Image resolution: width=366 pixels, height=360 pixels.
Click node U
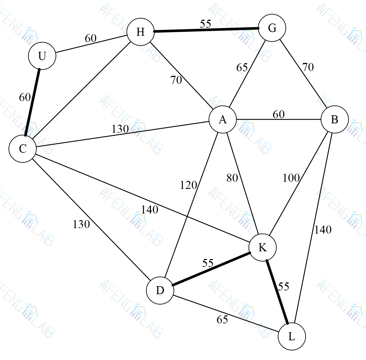42,56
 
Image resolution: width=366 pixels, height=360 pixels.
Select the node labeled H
140,32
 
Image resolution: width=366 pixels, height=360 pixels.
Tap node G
272,28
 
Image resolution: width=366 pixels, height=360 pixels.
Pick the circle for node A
223,119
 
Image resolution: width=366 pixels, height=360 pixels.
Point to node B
335,119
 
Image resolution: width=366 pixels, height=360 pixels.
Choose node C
23,149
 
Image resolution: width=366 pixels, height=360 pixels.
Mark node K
262,247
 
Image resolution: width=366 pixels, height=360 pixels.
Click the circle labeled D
160,290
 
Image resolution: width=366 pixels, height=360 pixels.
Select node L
292,336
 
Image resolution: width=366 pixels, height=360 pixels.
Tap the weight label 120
188,185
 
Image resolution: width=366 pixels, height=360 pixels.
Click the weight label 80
232,178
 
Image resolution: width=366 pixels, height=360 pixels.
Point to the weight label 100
291,178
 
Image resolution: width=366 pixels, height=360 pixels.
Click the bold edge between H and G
206,30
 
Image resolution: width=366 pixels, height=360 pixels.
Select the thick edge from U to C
32,102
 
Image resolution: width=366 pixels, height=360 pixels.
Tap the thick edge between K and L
277,292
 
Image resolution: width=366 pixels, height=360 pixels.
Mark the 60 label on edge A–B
279,114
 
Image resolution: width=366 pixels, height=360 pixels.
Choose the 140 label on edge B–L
323,230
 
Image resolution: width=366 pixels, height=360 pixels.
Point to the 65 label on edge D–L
222,319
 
